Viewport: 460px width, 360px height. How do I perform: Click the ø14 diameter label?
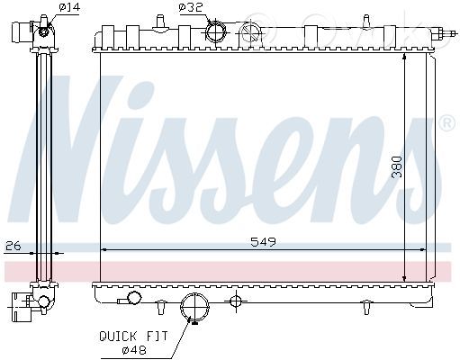click(x=70, y=7)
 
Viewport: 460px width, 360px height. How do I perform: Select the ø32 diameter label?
click(x=191, y=7)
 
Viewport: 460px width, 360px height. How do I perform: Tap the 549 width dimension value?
click(x=263, y=242)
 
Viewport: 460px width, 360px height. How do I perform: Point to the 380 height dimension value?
click(x=397, y=166)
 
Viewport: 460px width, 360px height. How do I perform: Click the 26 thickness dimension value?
click(x=14, y=246)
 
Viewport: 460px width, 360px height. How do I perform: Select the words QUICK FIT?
click(x=133, y=337)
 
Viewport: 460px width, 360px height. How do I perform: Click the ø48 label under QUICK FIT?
click(x=134, y=350)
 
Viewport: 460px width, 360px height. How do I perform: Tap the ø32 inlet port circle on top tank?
click(x=216, y=31)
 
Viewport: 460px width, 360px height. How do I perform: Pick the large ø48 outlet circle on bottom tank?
click(x=194, y=307)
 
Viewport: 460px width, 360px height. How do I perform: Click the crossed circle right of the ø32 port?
click(x=250, y=32)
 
